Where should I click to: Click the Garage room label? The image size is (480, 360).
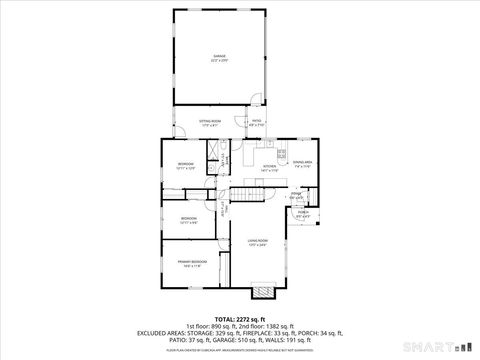pos(219,58)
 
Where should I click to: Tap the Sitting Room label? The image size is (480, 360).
pos(209,123)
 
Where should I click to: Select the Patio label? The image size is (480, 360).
pos(256,123)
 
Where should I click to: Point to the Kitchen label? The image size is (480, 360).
pos(269,169)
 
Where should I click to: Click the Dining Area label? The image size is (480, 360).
pos(302,163)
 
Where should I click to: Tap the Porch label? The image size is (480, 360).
pos(303,213)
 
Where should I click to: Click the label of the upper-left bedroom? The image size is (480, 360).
pos(187,164)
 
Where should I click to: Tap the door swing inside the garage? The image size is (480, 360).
pos(257,98)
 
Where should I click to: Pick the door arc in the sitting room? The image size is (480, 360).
pos(244,122)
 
